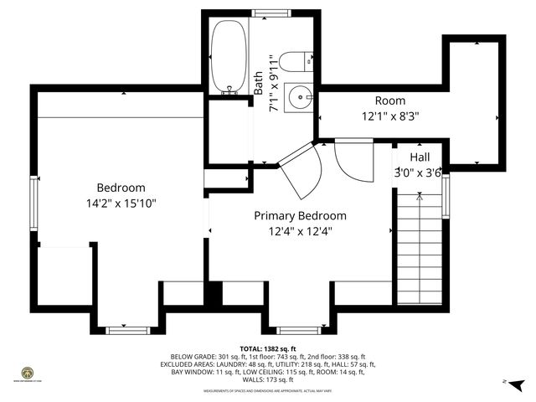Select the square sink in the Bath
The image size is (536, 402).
(298, 98)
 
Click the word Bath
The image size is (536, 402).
(259, 82)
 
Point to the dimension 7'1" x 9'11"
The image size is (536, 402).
(273, 83)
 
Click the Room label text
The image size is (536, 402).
(389, 100)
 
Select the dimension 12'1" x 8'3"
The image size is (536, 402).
(389, 116)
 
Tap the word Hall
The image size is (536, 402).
(420, 157)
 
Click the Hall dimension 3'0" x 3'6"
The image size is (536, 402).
(417, 173)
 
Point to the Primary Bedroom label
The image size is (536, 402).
(300, 215)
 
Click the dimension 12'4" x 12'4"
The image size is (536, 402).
(300, 231)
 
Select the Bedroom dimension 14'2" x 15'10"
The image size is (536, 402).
(121, 203)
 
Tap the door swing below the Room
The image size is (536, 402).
(351, 158)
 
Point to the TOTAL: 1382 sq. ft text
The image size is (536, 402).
(268, 348)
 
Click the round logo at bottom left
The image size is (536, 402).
(26, 372)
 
